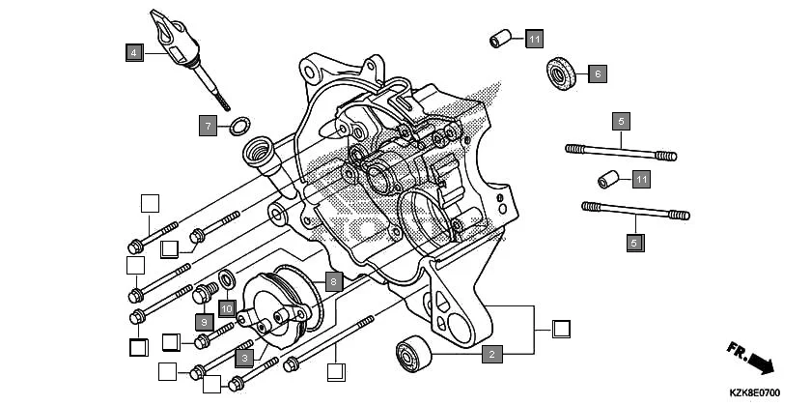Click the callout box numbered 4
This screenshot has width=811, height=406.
point(134,52)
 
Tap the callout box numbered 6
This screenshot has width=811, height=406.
point(598,72)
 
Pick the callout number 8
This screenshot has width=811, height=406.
point(333,281)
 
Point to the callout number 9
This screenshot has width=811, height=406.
point(204,321)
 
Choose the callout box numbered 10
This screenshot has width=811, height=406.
point(227,308)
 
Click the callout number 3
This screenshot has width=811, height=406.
point(245,358)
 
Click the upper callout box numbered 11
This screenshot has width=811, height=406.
point(535,40)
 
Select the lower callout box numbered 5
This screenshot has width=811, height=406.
point(634,243)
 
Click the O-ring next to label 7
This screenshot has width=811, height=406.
point(238,125)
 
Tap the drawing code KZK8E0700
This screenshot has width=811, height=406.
point(754,392)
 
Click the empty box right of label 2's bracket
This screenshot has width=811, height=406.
point(561,328)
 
